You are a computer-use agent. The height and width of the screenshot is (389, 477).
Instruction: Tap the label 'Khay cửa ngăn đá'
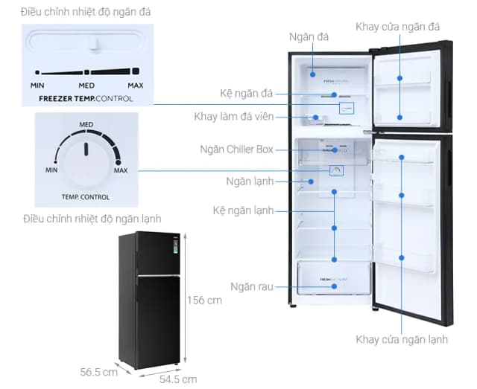pyautogui.click(x=397, y=28)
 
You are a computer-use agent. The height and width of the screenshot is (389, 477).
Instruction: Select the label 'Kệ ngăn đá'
pyautogui.click(x=247, y=94)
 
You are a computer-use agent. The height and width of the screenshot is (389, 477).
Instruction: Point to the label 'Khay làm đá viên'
pyautogui.click(x=234, y=117)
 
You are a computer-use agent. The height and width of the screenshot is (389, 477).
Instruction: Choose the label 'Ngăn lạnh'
pyautogui.click(x=250, y=181)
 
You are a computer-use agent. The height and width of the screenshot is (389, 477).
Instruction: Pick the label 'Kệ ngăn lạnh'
pyautogui.click(x=244, y=211)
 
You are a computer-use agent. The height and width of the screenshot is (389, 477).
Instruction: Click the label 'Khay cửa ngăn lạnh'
pyautogui.click(x=402, y=340)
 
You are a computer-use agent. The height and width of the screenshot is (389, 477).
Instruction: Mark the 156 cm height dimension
pyautogui.click(x=204, y=300)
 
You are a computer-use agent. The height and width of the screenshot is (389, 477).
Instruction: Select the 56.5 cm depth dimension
pyautogui.click(x=100, y=372)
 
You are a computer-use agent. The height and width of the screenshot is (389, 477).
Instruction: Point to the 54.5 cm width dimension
pyautogui.click(x=179, y=379)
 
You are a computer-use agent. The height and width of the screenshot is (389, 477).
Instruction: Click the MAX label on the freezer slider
pyautogui.click(x=135, y=86)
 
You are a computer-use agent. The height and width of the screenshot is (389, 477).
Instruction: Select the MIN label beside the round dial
pyautogui.click(x=51, y=170)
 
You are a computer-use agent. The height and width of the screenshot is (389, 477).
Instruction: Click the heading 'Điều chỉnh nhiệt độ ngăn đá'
pyautogui.click(x=82, y=12)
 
